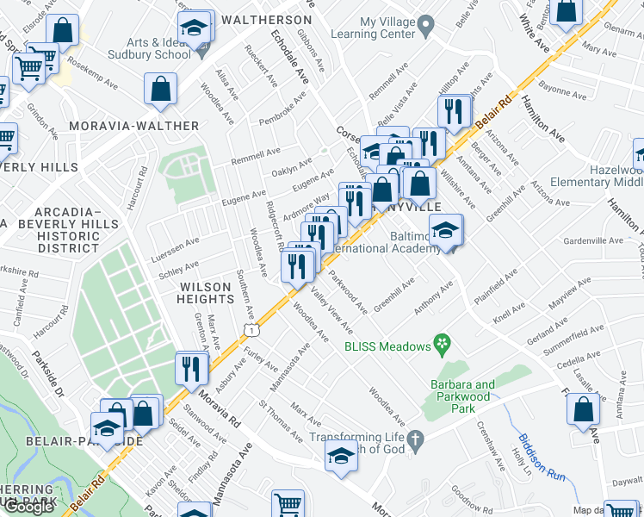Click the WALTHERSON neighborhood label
point(266,19)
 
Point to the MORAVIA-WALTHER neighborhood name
point(140,126)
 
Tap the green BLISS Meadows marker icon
point(443,346)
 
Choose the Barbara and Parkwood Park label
point(463,391)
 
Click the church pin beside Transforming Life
point(415,439)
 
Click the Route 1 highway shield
point(249,329)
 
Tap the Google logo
point(28,507)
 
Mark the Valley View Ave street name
point(331,312)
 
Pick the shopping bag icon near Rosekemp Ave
point(160,89)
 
